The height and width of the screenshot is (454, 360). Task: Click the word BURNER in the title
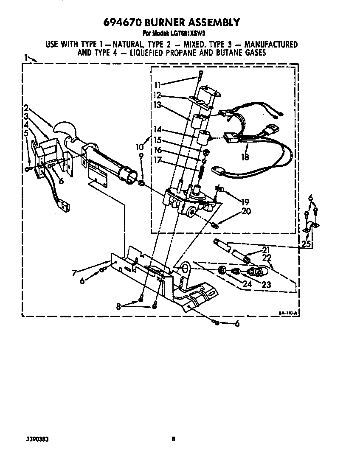tap(166, 22)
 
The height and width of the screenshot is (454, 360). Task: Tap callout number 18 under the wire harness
tap(245, 157)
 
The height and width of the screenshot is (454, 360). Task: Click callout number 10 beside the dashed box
tap(140, 147)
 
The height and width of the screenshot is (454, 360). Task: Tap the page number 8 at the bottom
tap(173, 440)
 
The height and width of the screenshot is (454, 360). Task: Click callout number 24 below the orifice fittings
tap(247, 284)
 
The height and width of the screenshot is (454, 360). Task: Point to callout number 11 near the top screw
tap(157, 84)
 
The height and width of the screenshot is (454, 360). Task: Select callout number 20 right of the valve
tap(246, 211)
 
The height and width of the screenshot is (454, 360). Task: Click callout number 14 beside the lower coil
tap(157, 130)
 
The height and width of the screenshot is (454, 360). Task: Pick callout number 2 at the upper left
tap(26, 107)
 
